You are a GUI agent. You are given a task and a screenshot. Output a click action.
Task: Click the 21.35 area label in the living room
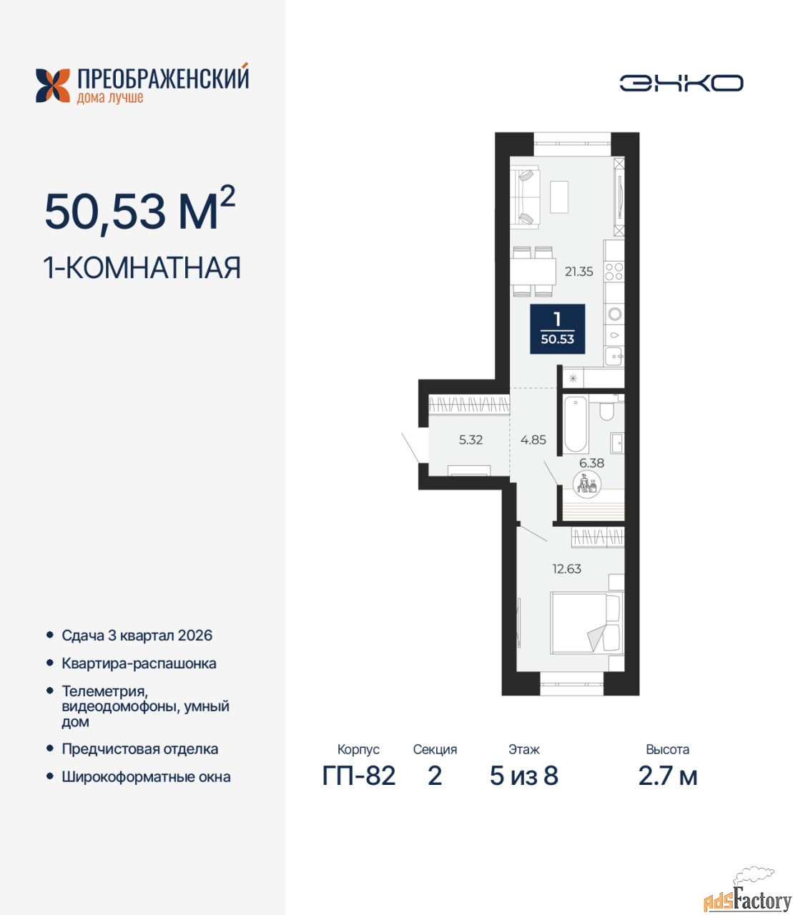[x=578, y=272]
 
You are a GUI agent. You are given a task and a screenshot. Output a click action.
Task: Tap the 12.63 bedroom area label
[x=567, y=569]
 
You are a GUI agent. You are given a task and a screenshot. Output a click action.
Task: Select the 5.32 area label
[x=471, y=440]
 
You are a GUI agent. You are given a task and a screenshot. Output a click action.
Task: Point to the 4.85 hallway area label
[x=533, y=440]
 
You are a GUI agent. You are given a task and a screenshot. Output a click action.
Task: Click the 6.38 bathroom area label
[x=591, y=463]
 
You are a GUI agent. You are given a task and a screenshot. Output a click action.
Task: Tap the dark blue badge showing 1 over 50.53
[x=558, y=329]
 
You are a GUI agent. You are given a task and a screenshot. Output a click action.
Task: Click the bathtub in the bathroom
[x=576, y=424]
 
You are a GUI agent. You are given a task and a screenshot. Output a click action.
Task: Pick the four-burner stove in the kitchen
[x=614, y=272]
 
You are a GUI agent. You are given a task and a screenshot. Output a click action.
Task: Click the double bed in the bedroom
[x=586, y=623]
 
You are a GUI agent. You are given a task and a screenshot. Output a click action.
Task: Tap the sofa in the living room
[x=525, y=197]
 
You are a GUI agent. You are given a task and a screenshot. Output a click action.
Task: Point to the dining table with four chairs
[x=533, y=272]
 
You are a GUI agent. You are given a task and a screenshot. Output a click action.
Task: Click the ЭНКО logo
[x=681, y=83]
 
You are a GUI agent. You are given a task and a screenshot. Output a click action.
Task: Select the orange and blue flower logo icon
[x=53, y=86]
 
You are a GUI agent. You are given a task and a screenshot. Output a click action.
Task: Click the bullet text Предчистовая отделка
[x=140, y=749]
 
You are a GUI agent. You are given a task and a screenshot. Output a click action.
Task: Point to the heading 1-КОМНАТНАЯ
[x=142, y=268]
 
